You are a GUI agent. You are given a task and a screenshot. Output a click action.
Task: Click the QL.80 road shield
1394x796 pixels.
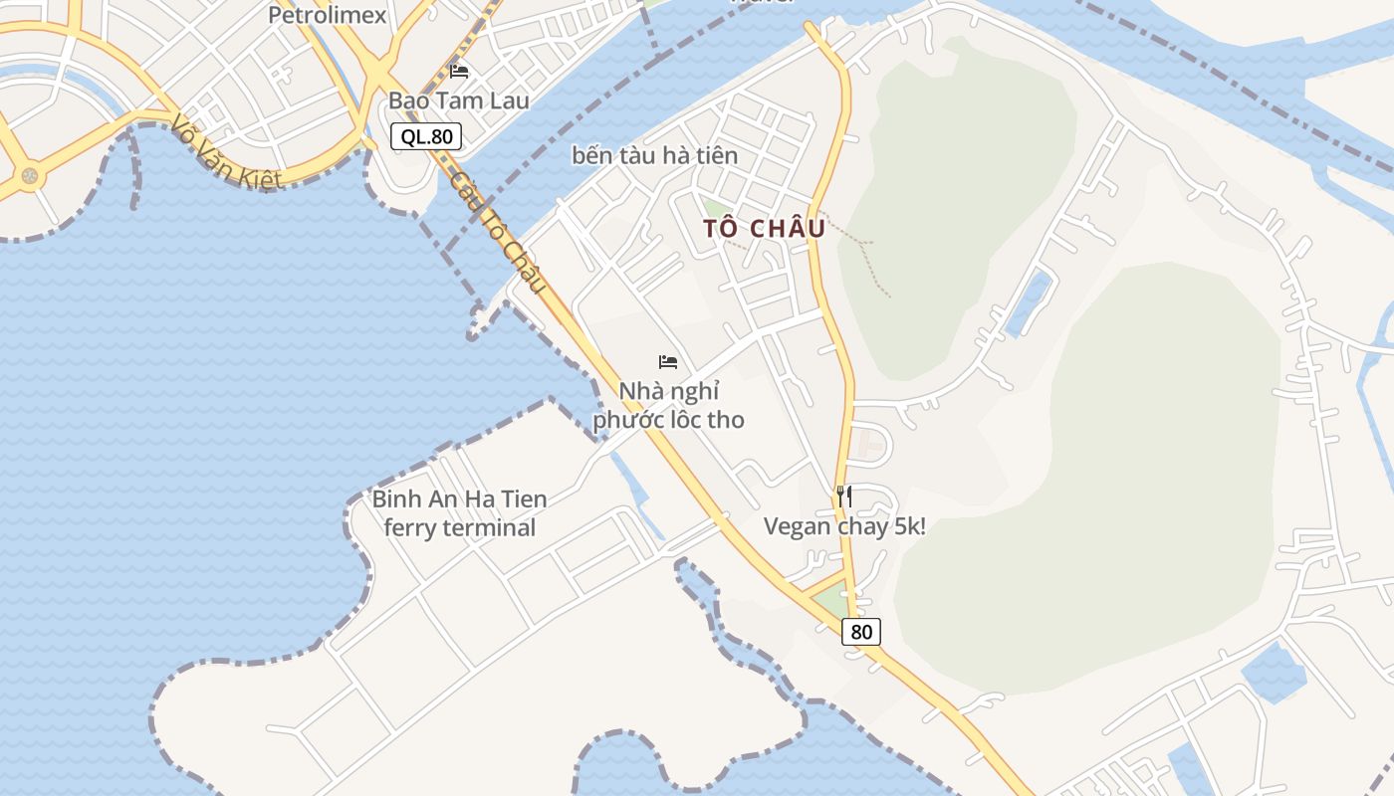pyautogui.click(x=426, y=136)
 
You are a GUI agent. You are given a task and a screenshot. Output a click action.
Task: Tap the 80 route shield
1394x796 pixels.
pyautogui.click(x=861, y=631)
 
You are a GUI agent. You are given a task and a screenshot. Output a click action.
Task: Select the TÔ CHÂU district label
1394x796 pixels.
pyautogui.click(x=764, y=228)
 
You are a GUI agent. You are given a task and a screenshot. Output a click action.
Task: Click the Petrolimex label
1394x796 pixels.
pyautogui.click(x=327, y=15)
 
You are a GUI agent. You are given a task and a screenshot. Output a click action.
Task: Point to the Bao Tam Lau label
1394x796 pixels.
pyautogui.click(x=459, y=100)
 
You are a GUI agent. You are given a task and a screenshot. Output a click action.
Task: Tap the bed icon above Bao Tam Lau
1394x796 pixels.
pyautogui.click(x=459, y=71)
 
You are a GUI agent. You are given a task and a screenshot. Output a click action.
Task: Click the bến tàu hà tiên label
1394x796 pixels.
pyautogui.click(x=654, y=155)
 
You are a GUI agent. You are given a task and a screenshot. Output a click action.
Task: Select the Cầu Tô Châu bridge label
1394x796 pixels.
pyautogui.click(x=498, y=232)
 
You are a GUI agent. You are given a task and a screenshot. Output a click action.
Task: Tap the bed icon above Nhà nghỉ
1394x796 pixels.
pyautogui.click(x=668, y=361)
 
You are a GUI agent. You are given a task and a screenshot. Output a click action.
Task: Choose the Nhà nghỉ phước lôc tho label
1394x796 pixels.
pyautogui.click(x=668, y=405)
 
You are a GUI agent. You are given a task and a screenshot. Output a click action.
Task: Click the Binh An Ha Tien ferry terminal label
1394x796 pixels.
pyautogui.click(x=460, y=512)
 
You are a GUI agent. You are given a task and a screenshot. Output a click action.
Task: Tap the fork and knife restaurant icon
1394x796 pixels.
pyautogui.click(x=843, y=496)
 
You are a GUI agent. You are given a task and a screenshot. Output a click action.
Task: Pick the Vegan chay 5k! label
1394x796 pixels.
pyautogui.click(x=844, y=526)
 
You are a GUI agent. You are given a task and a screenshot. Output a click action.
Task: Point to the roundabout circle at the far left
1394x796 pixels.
pyautogui.click(x=29, y=176)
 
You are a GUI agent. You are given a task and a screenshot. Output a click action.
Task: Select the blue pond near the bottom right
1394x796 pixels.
pyautogui.click(x=1274, y=673)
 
